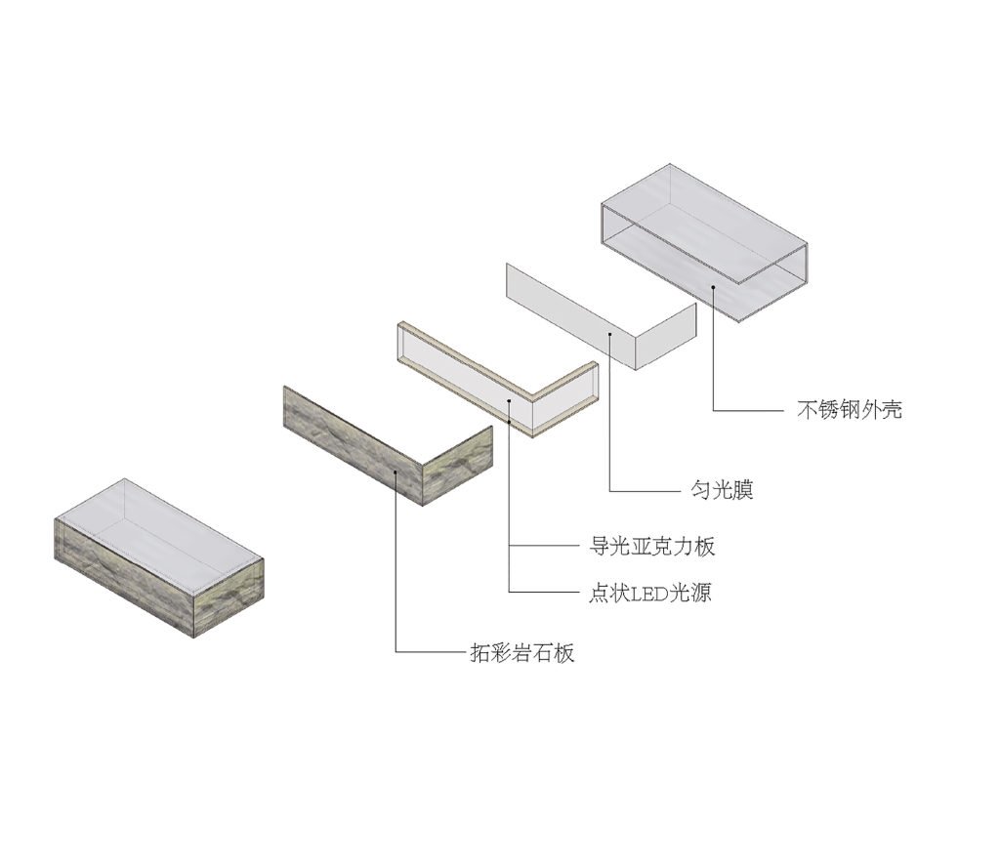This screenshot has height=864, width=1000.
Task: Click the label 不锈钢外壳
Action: [850, 409]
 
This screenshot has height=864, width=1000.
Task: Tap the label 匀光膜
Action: [722, 490]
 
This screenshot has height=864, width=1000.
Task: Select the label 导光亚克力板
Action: [651, 546]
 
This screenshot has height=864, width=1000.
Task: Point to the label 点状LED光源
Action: [649, 593]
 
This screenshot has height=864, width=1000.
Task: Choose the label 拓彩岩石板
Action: [522, 652]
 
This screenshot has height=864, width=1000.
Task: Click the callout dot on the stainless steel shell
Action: [713, 287]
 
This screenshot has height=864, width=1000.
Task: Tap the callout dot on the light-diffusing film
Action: [609, 334]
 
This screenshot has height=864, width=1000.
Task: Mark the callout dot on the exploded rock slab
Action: [396, 472]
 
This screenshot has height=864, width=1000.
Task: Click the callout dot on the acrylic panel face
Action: [509, 401]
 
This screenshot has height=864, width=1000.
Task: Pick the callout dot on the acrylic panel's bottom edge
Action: [509, 421]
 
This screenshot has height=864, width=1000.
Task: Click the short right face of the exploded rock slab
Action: [458, 466]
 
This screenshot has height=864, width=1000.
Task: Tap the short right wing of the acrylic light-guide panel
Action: [565, 399]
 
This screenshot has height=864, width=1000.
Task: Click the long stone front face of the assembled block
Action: [124, 578]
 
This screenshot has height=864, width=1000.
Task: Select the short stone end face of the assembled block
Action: [229, 598]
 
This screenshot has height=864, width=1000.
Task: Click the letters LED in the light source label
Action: [648, 594]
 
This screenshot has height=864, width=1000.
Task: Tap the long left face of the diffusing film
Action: [570, 316]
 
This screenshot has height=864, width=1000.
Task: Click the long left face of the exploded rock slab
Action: [354, 446]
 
